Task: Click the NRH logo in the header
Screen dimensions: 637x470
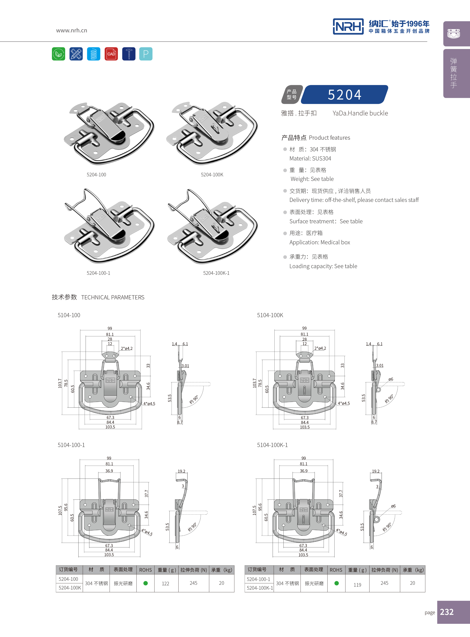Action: click(x=348, y=27)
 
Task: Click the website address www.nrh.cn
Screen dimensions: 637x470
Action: click(x=71, y=30)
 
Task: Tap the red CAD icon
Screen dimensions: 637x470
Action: click(x=111, y=54)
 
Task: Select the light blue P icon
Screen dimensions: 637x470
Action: click(x=146, y=54)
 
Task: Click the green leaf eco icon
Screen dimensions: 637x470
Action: click(x=59, y=54)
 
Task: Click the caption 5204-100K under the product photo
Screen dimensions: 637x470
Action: click(x=212, y=175)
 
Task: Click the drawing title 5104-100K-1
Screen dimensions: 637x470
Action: click(x=272, y=445)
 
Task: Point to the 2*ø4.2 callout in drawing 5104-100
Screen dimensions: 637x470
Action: click(x=127, y=349)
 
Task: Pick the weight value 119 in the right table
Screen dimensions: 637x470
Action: click(x=357, y=585)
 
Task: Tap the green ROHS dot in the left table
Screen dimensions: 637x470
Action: click(x=145, y=583)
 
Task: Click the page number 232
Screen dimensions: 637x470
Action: click(x=447, y=612)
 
